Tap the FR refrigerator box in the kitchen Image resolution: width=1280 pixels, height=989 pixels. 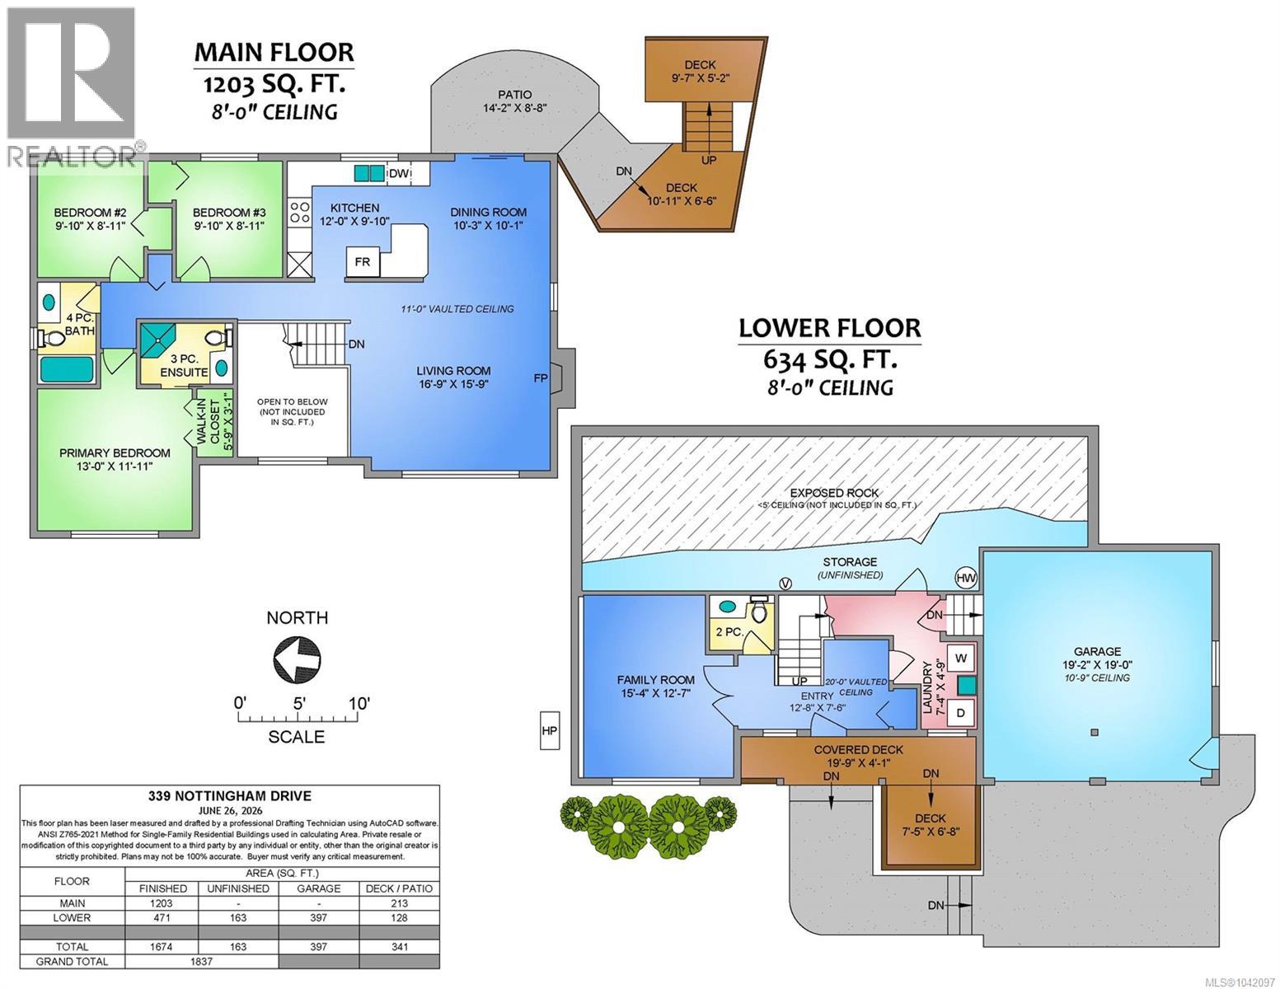click(x=363, y=261)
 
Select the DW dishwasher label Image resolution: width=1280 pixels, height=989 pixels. click(x=399, y=174)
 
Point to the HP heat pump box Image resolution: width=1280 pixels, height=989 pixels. click(x=549, y=731)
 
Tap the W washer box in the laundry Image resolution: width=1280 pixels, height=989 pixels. click(x=961, y=659)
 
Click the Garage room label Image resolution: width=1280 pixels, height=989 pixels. click(x=1097, y=651)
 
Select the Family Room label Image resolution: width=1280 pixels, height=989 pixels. click(x=655, y=680)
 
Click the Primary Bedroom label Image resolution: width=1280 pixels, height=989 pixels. click(x=115, y=453)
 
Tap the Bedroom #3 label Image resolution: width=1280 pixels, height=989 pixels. click(x=229, y=213)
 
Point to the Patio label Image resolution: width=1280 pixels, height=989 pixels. click(x=514, y=94)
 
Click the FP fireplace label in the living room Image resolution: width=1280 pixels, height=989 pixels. click(x=540, y=378)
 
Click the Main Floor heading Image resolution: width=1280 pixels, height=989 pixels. click(x=274, y=53)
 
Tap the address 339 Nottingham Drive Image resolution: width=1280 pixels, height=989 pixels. click(x=230, y=796)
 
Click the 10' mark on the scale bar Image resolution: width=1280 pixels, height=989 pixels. click(x=359, y=703)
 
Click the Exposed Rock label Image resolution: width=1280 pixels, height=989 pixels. click(x=834, y=493)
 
